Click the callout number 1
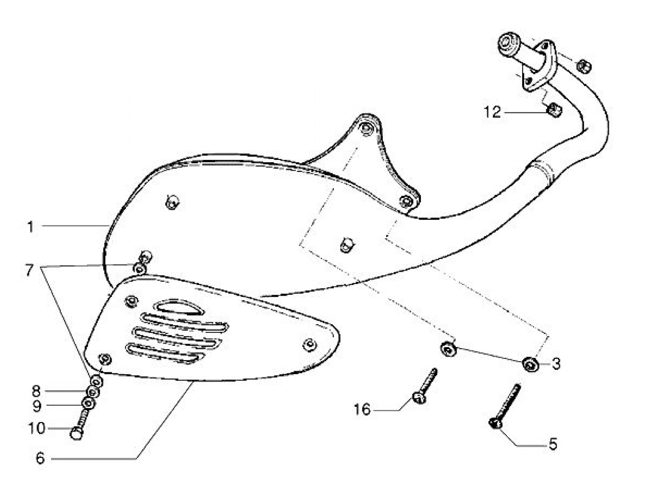(x=31, y=227)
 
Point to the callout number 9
(x=36, y=406)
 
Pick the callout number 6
(x=40, y=459)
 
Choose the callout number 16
(x=362, y=410)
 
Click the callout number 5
(x=553, y=444)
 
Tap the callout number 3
(x=556, y=363)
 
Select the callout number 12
(x=492, y=112)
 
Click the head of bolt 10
(x=75, y=433)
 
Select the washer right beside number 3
(x=530, y=364)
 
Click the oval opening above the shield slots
(x=174, y=307)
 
